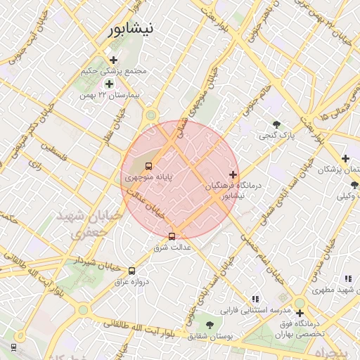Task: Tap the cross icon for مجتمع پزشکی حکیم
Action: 113,60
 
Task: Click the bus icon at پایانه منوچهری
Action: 148,167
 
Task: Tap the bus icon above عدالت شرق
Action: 172,236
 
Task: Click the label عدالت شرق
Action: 172,248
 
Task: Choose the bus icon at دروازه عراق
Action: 131,271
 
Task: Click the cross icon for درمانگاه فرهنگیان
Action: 233,174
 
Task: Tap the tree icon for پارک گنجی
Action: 276,124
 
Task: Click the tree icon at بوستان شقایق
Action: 210,324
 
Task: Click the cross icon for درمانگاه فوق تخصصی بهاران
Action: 300,313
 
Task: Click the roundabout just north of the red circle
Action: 150,115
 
